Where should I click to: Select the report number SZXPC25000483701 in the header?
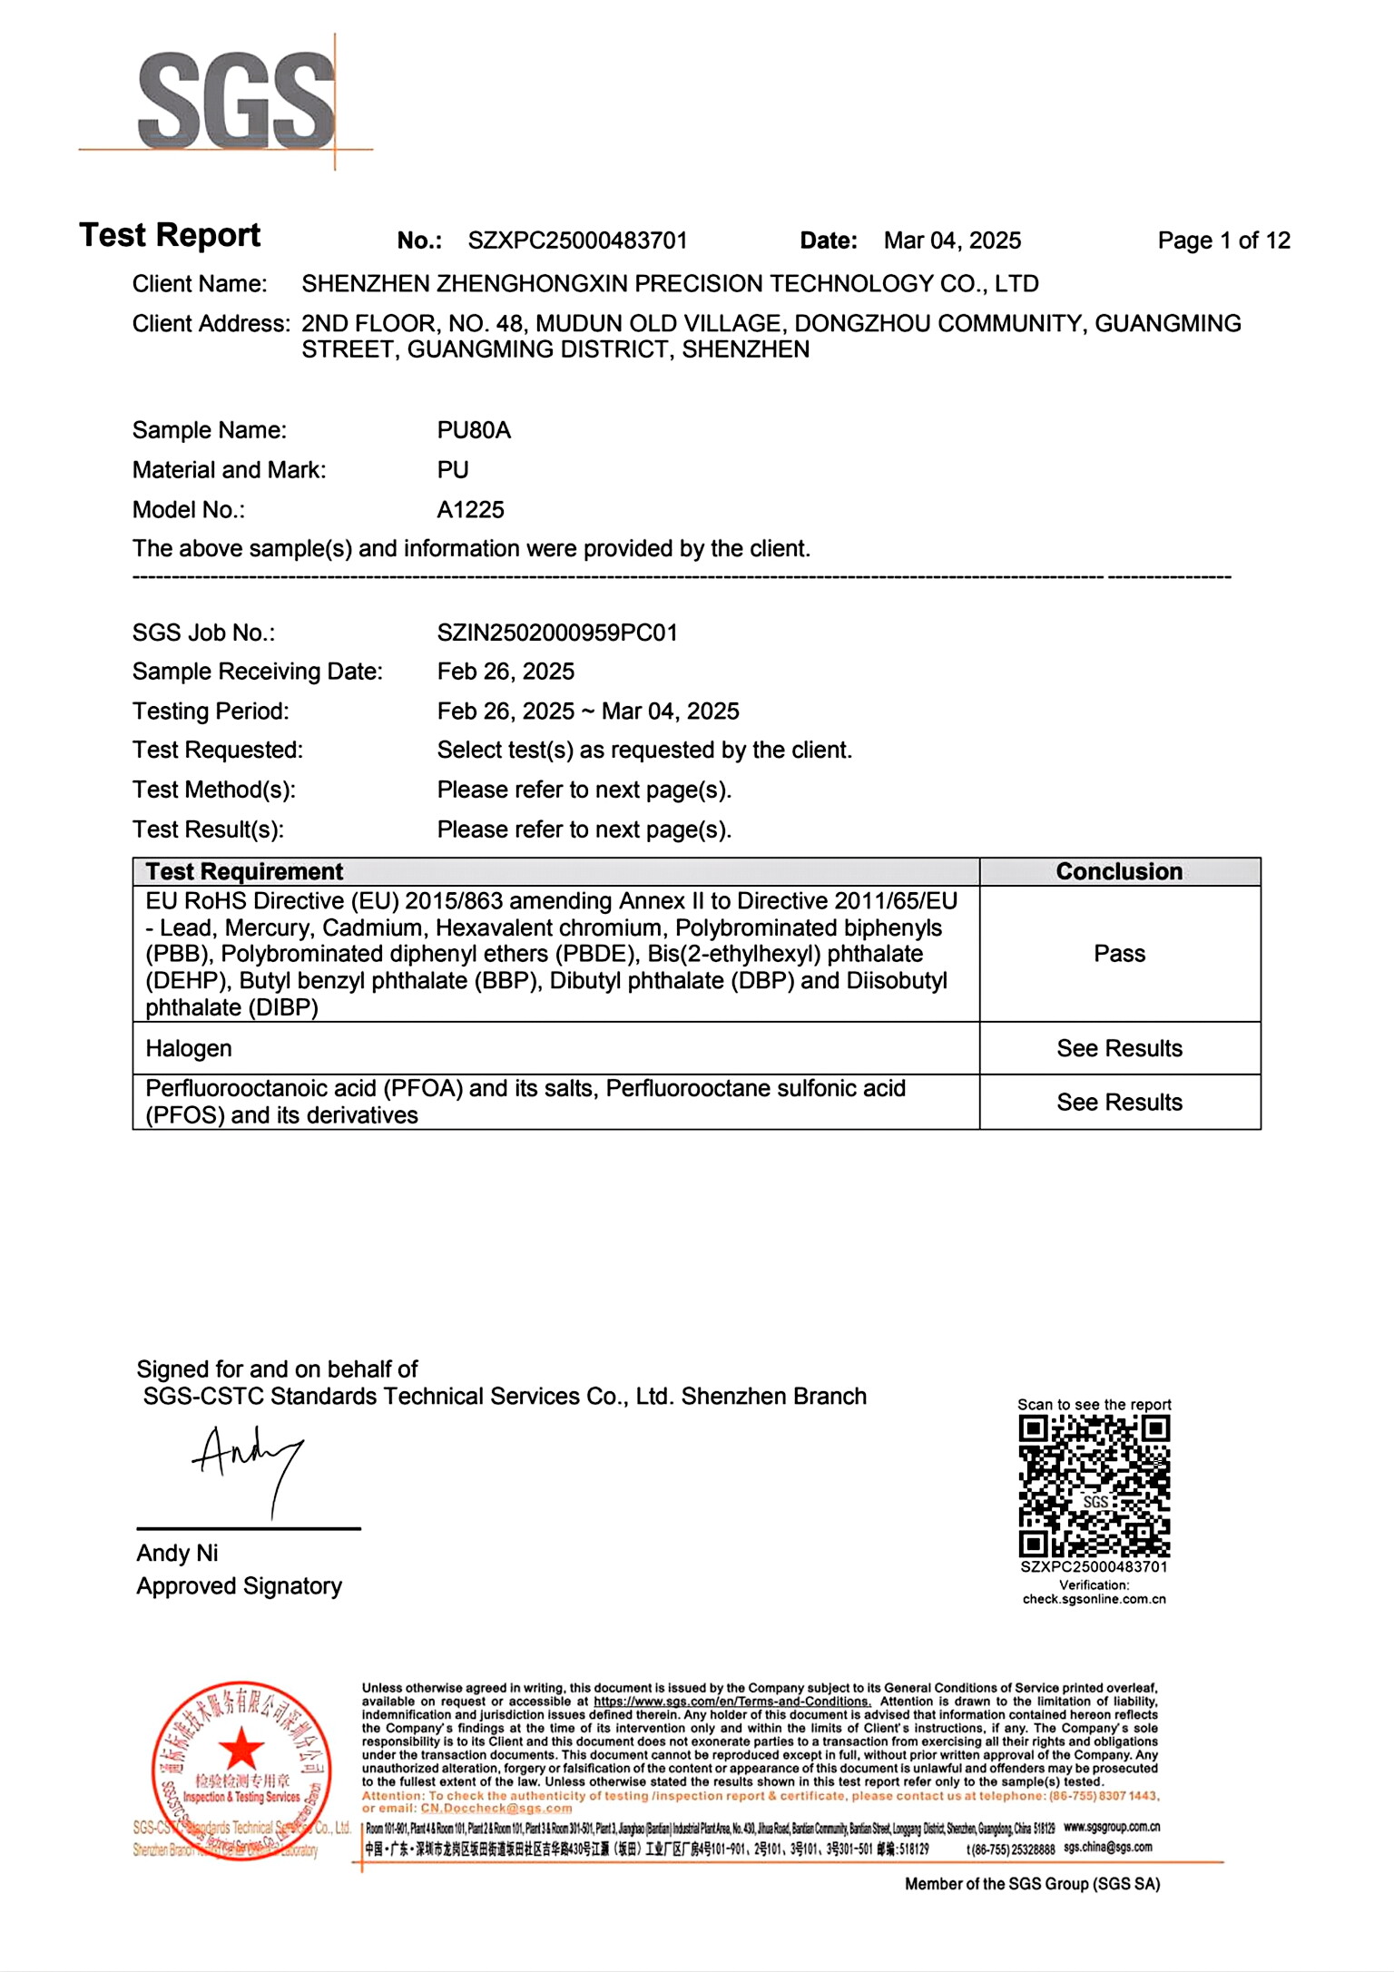tap(577, 240)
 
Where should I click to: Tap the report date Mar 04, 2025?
tap(952, 240)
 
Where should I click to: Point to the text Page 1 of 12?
tap(1223, 240)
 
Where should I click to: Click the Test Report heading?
tap(170, 235)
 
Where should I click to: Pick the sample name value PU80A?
tap(474, 430)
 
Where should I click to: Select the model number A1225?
tap(470, 510)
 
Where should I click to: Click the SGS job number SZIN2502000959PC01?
tap(557, 633)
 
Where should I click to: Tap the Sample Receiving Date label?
tap(257, 672)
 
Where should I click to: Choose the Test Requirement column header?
tap(244, 872)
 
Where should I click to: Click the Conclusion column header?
tap(1119, 872)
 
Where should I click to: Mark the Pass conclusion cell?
tap(1119, 954)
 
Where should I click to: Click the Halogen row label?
tap(189, 1049)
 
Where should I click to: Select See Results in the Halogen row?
tap(1119, 1049)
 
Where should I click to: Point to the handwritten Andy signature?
tap(247, 1462)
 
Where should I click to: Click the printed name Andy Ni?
tap(177, 1554)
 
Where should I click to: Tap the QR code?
tap(1094, 1486)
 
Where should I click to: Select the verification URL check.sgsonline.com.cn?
tap(1094, 1599)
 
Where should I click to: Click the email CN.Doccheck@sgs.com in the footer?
tap(496, 1809)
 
